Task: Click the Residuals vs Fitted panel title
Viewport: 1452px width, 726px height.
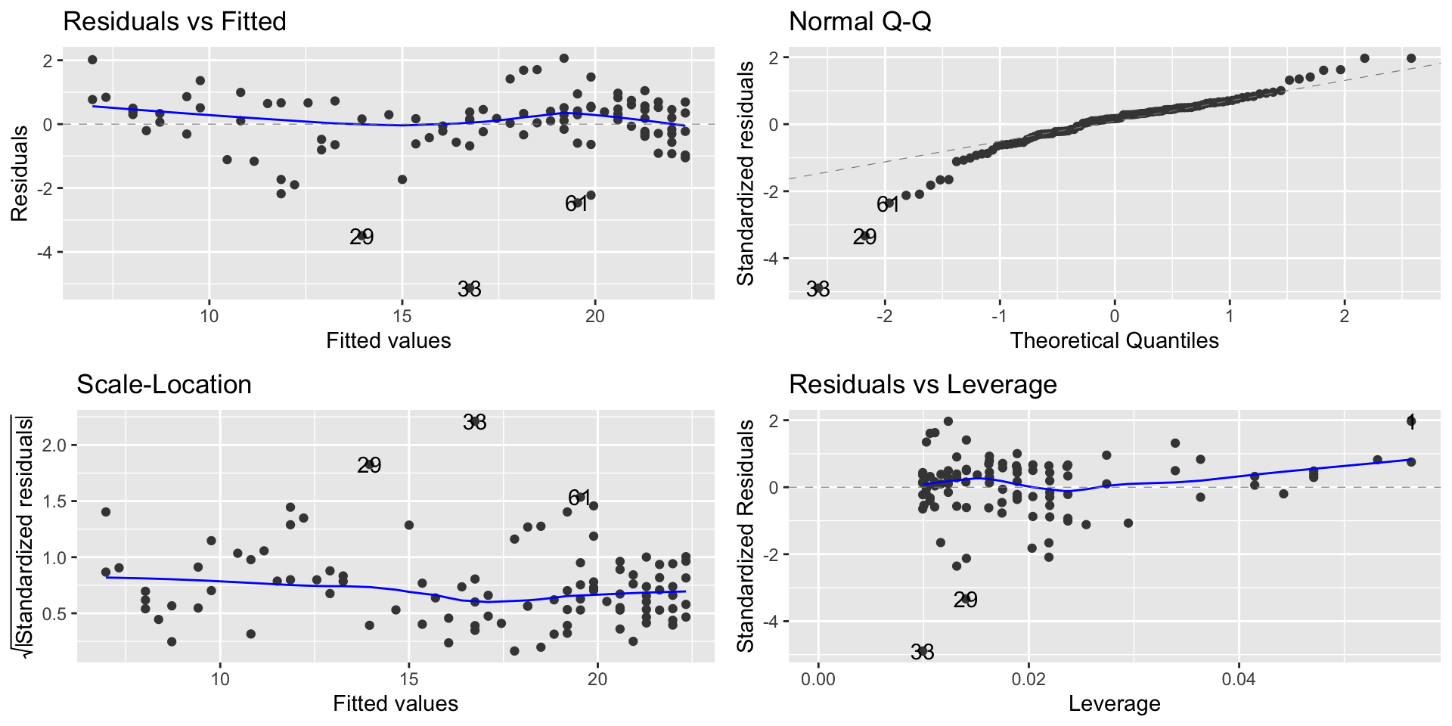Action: point(175,22)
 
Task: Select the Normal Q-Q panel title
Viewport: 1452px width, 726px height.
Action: point(860,22)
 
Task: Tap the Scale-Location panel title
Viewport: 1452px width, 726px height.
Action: point(164,385)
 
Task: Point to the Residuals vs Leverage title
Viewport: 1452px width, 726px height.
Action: point(923,385)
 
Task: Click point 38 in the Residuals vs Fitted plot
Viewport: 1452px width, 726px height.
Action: point(470,288)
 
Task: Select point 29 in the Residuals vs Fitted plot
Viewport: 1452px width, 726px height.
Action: point(362,236)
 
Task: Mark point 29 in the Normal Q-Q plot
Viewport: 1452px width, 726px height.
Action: point(865,237)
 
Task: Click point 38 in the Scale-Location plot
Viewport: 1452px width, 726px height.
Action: point(475,422)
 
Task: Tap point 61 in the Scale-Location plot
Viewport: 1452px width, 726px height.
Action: point(580,497)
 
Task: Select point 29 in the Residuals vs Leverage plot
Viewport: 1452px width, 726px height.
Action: point(966,599)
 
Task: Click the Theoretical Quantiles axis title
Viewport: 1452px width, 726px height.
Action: point(1114,340)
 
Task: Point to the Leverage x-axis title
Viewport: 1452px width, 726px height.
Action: point(1114,704)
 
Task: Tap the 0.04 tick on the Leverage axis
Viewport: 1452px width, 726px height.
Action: point(1238,679)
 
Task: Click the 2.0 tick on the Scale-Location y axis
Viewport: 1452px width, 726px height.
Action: point(54,445)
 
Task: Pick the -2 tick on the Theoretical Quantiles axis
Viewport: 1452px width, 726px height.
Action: point(884,315)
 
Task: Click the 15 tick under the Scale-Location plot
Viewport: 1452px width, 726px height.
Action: point(408,679)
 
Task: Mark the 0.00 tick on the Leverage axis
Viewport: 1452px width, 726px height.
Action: point(818,679)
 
